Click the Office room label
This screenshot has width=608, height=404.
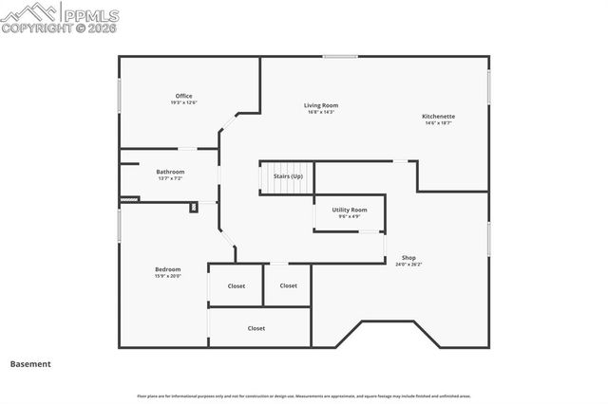183,96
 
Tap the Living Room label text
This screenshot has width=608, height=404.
321,105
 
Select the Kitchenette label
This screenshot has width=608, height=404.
438,117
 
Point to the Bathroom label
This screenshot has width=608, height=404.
170,172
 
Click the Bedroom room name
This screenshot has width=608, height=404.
167,269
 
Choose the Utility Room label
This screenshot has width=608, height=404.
350,210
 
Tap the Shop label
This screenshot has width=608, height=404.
408,258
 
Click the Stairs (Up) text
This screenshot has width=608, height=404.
288,176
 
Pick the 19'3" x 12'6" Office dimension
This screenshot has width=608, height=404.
183,102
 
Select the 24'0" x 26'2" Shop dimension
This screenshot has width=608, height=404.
408,265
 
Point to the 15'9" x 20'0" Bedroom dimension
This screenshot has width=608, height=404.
167,276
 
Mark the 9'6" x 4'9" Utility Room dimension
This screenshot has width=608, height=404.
350,216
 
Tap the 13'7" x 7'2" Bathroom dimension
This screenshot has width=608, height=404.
170,178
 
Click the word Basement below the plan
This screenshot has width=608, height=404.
30,363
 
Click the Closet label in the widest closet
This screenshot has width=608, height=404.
256,328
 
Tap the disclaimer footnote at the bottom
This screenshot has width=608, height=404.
304,396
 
